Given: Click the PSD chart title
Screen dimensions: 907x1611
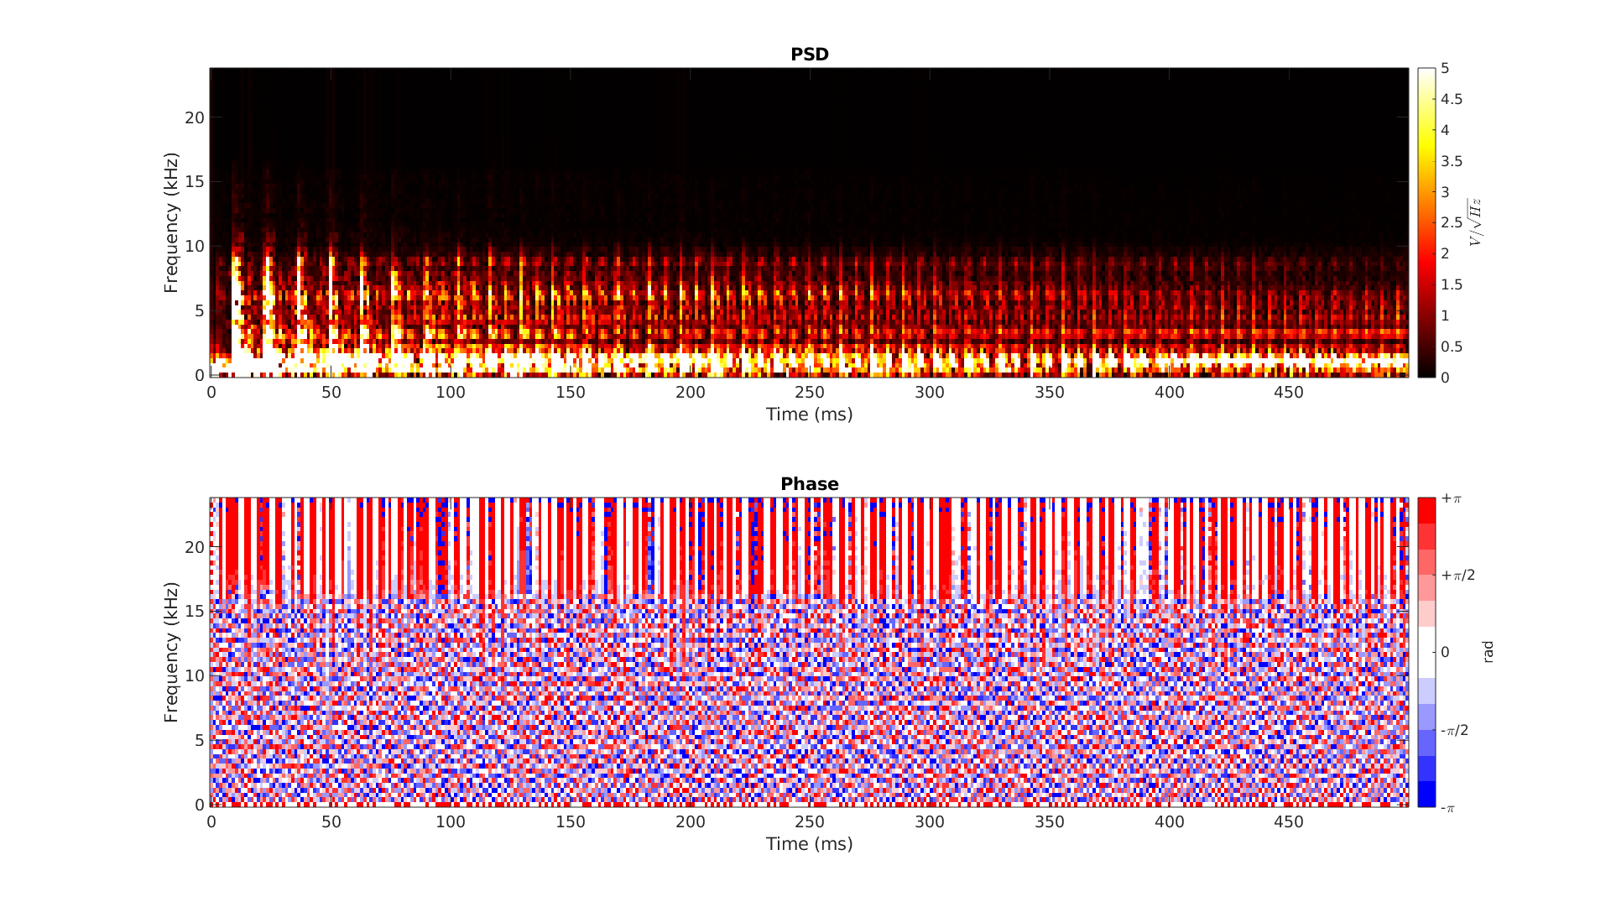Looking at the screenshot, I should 809,55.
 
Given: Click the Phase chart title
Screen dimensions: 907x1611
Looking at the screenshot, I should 809,484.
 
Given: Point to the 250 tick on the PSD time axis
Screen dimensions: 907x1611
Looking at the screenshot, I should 810,392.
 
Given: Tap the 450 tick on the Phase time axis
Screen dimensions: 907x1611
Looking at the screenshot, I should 1289,821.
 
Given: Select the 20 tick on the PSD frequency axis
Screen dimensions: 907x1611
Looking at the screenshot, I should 195,118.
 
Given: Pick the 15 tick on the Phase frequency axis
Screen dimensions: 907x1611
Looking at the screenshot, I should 195,612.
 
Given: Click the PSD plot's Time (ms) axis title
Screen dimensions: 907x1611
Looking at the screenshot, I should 809,414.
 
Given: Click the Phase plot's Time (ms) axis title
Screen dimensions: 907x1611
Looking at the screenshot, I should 809,844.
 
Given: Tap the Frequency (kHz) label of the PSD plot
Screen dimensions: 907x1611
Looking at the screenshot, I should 171,222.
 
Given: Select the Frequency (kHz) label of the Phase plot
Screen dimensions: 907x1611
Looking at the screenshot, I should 171,652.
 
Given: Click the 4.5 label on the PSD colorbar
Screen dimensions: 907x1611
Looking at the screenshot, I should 1452,99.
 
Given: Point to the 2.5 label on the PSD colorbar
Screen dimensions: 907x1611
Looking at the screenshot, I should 1452,222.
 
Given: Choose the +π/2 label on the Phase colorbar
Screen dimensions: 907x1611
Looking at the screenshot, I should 1458,575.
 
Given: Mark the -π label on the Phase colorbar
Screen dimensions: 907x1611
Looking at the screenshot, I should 1447,808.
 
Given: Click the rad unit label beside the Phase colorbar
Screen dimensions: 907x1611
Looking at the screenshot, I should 1488,652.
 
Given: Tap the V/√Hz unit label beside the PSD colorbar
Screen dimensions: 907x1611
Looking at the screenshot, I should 1475,222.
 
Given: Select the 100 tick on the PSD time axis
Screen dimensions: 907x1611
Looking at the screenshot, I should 451,392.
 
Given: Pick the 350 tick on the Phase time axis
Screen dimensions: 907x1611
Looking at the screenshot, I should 1049,821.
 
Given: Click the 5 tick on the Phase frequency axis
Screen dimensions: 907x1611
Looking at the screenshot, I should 199,740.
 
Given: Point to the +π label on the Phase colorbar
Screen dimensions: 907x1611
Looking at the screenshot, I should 1451,498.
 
